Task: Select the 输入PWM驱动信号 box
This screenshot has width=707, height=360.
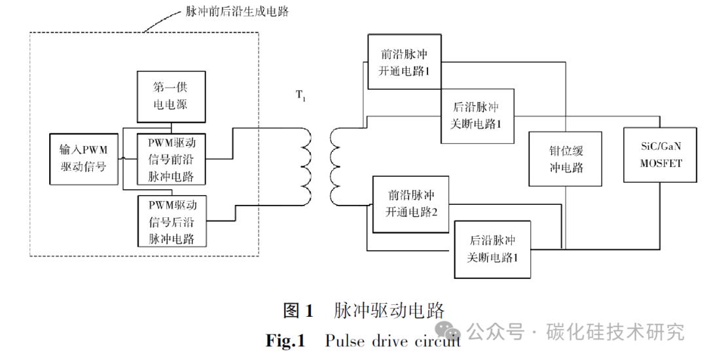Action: [x=83, y=159]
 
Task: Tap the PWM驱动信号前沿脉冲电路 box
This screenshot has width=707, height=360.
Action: [x=171, y=159]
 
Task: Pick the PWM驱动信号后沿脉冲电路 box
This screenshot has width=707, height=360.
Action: [x=171, y=221]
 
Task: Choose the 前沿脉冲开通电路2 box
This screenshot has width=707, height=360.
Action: [x=411, y=204]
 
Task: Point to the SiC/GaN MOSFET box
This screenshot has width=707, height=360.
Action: [x=661, y=154]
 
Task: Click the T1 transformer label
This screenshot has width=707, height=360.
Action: [x=300, y=96]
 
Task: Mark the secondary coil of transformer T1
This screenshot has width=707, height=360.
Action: [x=336, y=166]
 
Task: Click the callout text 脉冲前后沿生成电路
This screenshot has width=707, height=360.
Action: [x=227, y=12]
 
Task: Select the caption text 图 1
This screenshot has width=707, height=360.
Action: [x=299, y=310]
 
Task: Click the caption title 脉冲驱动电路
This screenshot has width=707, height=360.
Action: [x=389, y=310]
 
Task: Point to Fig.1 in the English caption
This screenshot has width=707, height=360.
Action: [x=285, y=340]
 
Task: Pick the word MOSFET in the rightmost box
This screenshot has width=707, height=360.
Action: [x=661, y=163]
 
